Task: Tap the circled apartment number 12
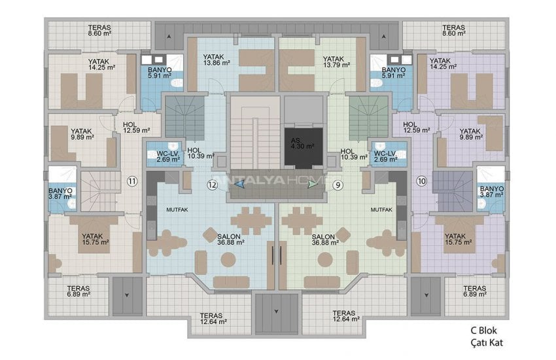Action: pos(211,185)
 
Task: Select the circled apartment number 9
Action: pos(338,185)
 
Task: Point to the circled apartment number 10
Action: pos(421,180)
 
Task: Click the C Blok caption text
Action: pos(487,331)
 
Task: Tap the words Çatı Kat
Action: pos(487,342)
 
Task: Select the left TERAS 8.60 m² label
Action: pos(99,31)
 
